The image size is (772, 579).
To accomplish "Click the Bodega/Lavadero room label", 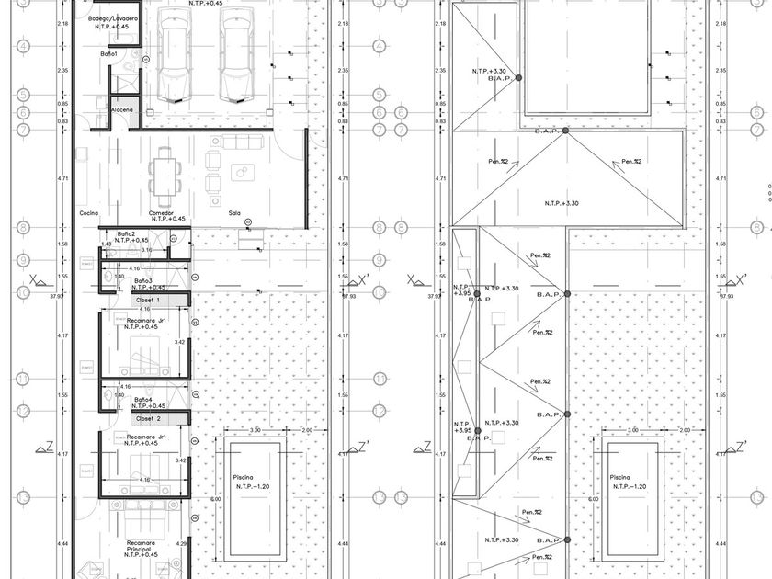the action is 114,18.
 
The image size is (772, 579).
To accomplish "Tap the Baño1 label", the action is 108,54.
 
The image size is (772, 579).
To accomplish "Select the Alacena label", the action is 122,110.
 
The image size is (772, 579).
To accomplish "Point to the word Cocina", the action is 89,212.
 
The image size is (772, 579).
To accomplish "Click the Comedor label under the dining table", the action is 162,211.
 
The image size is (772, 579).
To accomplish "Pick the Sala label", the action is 235,213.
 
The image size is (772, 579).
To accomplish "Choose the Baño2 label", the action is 125,233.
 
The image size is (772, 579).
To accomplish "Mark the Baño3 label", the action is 143,280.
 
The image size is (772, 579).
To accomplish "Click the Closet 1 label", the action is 148,300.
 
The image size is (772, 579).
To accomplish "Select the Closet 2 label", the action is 148,418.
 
